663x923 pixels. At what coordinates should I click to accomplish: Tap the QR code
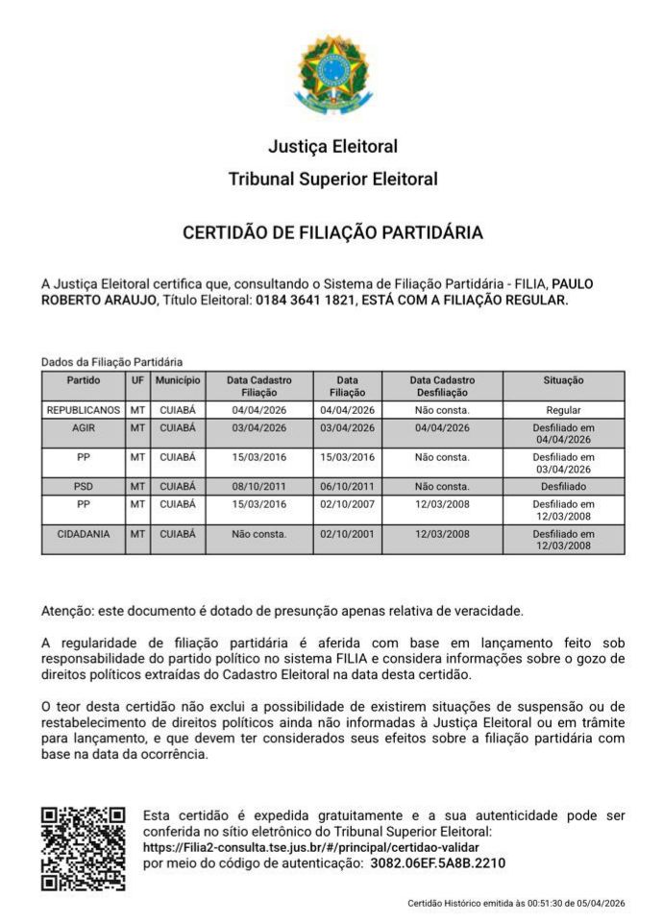tap(83, 848)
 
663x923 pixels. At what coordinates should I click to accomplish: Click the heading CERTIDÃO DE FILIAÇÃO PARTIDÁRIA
tap(332, 232)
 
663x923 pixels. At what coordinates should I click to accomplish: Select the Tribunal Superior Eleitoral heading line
tap(332, 179)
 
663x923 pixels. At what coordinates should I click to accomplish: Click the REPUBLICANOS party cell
tap(84, 409)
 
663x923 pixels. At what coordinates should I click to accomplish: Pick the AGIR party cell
tap(84, 427)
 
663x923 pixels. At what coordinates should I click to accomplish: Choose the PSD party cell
tap(84, 486)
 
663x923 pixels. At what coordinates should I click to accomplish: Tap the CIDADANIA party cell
tap(84, 533)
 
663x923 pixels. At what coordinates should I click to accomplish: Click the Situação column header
tap(563, 380)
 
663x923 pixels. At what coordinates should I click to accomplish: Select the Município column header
tap(178, 380)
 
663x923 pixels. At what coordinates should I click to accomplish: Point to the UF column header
tap(137, 380)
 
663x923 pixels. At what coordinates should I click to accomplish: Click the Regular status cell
tap(563, 409)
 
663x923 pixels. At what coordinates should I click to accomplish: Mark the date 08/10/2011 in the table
tap(259, 486)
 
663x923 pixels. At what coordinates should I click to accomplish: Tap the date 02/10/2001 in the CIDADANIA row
tap(347, 533)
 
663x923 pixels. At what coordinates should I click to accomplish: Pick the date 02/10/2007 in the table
tap(347, 503)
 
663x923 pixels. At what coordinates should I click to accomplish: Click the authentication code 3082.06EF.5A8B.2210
tap(437, 862)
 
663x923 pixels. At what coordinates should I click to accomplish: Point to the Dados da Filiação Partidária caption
tap(111, 362)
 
